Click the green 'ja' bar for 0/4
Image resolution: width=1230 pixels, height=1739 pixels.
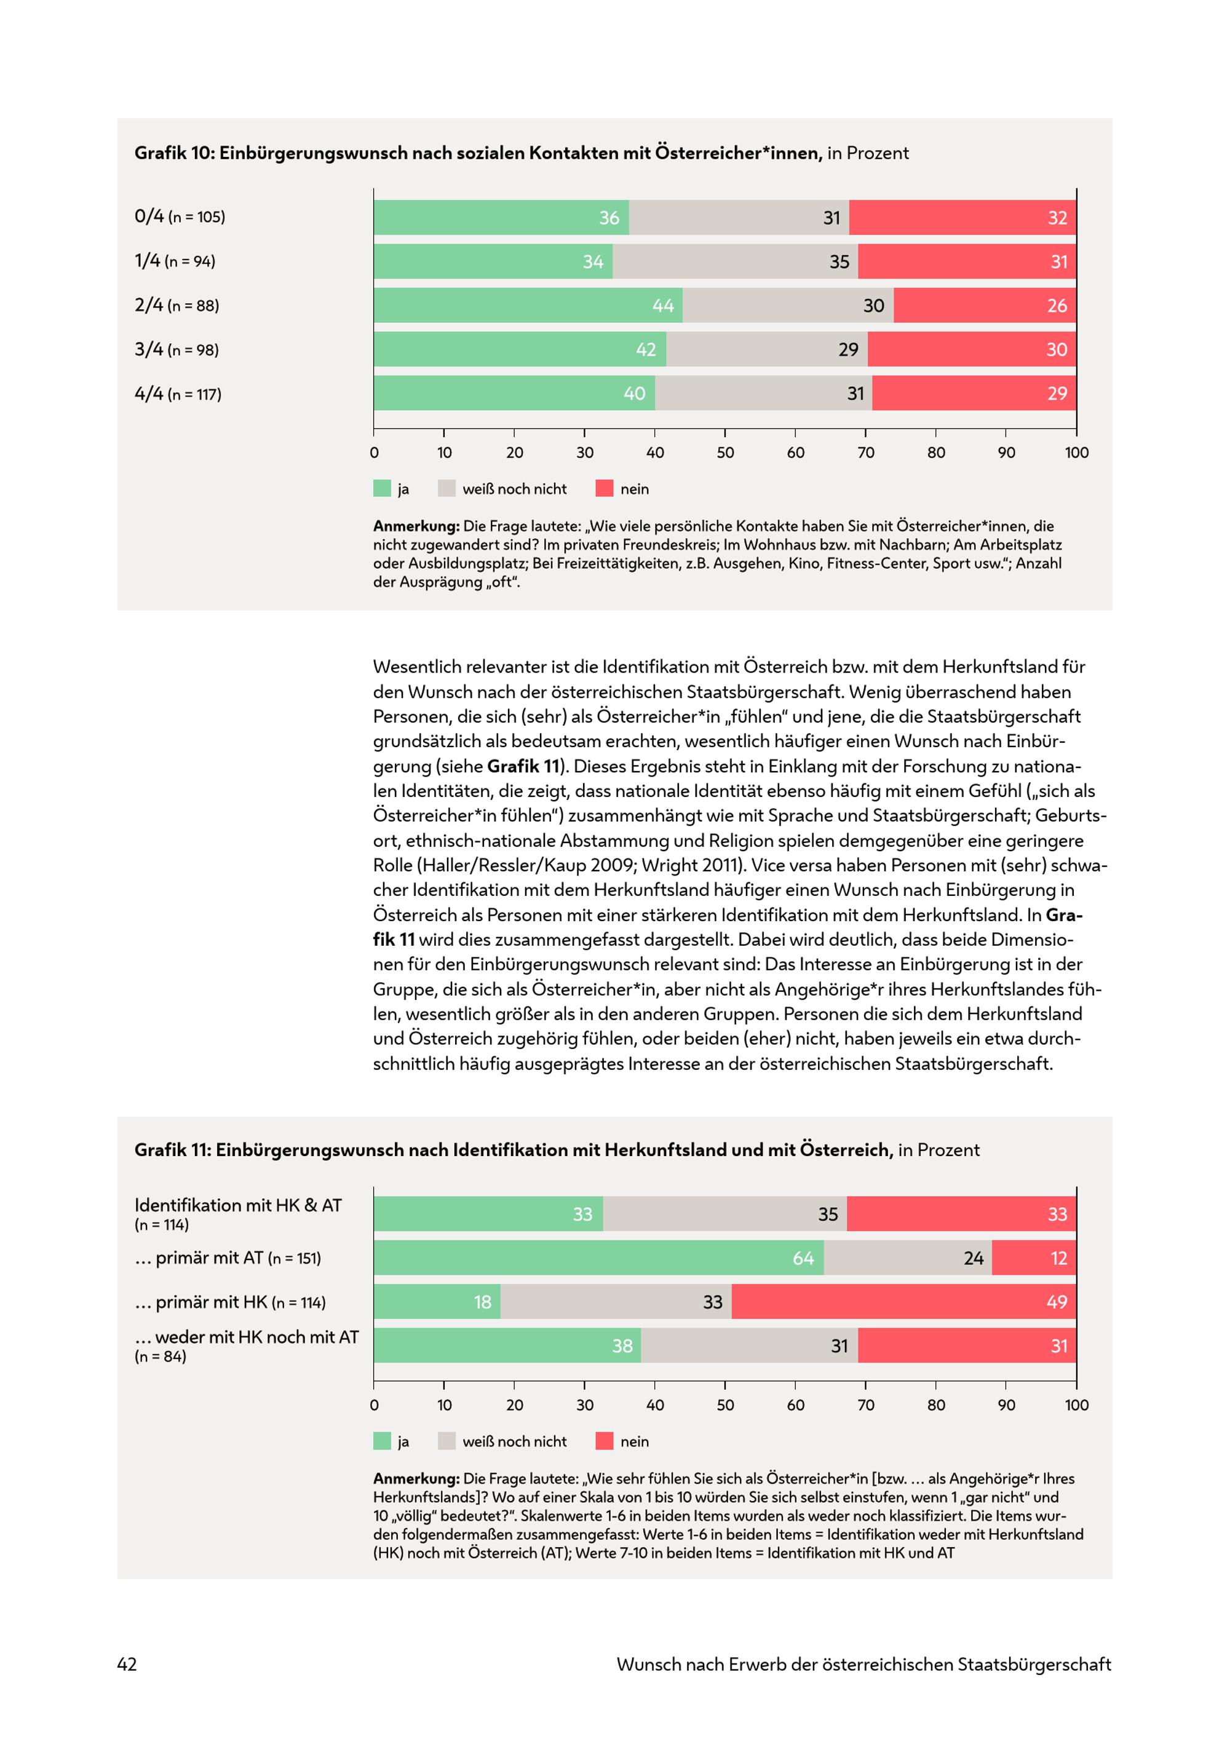coord(501,218)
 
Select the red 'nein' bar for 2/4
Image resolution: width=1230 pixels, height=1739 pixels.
coord(985,305)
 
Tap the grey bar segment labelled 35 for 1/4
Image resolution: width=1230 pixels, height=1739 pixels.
coord(736,261)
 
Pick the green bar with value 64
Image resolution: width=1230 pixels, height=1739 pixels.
coord(599,1258)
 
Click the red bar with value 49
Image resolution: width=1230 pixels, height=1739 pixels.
coord(903,1302)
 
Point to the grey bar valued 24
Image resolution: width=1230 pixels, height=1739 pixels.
coord(908,1258)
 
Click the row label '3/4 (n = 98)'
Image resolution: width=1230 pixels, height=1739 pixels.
coord(177,349)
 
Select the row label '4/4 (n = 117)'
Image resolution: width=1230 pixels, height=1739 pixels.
coord(178,394)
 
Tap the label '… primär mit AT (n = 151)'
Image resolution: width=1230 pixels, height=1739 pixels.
coord(228,1258)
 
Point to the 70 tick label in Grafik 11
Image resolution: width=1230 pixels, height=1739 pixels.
coord(866,1405)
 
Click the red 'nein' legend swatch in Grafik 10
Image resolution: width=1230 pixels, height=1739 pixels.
coord(605,488)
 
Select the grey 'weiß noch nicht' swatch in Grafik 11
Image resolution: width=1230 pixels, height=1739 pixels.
coord(447,1441)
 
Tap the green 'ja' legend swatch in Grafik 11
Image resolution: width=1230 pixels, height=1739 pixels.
coord(383,1441)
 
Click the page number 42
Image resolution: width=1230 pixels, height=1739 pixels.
coord(127,1664)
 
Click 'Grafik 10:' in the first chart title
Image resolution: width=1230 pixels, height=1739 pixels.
coord(175,153)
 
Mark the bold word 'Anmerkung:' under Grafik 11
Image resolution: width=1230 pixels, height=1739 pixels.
coord(416,1478)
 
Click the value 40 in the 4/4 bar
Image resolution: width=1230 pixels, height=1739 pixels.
coord(635,394)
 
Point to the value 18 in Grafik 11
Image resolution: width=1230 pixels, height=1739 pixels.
coord(482,1302)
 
